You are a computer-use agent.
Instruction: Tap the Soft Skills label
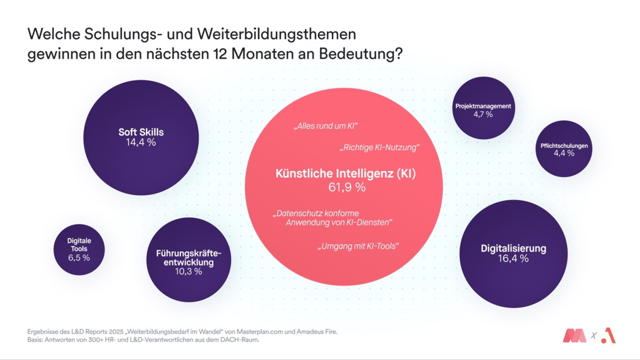[141, 132]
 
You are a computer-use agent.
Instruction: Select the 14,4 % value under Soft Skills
[141, 142]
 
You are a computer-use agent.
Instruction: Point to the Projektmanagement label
[483, 106]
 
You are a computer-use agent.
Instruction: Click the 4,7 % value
[483, 114]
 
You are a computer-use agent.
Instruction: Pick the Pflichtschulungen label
[564, 146]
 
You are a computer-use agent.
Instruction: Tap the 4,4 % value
[564, 154]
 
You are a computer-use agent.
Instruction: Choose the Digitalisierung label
[514, 248]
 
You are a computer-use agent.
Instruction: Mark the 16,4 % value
[514, 259]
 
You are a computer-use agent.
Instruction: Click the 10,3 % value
[189, 271]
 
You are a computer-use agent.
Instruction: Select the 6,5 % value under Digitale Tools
[79, 258]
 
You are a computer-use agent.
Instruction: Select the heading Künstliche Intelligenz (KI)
[346, 174]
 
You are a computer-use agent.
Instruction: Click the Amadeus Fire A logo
[608, 336]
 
